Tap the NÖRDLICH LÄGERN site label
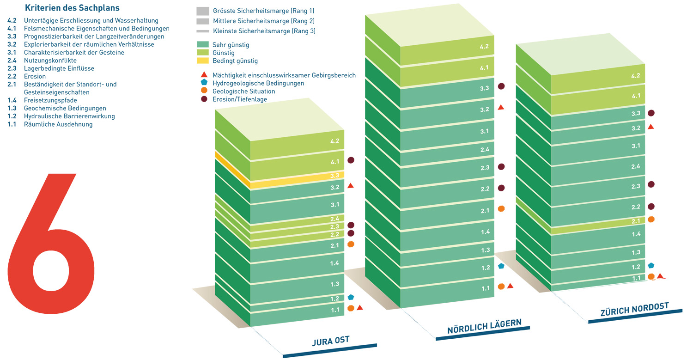tap(484, 327)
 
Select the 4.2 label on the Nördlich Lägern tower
tap(484, 47)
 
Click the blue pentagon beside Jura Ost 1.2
tap(351, 297)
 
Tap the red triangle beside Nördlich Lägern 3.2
tap(501, 107)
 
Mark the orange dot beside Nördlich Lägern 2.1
tap(501, 209)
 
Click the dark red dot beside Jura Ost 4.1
tap(351, 160)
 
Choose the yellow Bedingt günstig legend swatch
tap(203, 61)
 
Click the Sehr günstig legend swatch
tap(203, 45)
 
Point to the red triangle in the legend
tap(203, 75)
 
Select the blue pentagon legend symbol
tap(203, 83)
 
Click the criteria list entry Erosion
tap(35, 76)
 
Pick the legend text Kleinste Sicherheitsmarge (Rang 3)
tap(264, 31)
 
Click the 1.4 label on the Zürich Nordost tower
tap(636, 234)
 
